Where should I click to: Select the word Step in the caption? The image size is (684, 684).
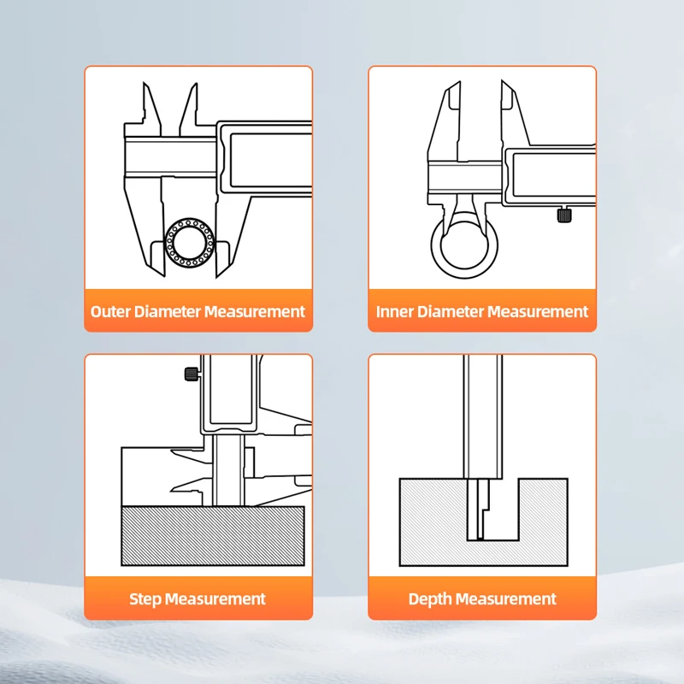[145, 599]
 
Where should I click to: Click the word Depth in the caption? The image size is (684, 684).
[430, 599]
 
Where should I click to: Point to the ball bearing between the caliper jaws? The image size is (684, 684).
[190, 243]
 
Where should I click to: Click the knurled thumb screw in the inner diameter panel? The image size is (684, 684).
[564, 215]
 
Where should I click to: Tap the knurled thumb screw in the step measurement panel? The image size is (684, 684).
[192, 374]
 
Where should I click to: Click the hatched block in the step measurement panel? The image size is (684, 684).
[212, 536]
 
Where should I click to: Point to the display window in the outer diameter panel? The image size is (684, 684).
[270, 160]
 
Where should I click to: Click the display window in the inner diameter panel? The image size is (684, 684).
[554, 175]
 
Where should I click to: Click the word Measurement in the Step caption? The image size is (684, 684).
[215, 599]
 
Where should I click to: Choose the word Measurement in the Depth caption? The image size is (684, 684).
[506, 599]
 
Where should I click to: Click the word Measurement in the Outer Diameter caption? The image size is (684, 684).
[255, 311]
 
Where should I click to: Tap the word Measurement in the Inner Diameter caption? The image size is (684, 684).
[538, 311]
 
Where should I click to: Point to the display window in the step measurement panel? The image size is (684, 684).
[231, 390]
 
